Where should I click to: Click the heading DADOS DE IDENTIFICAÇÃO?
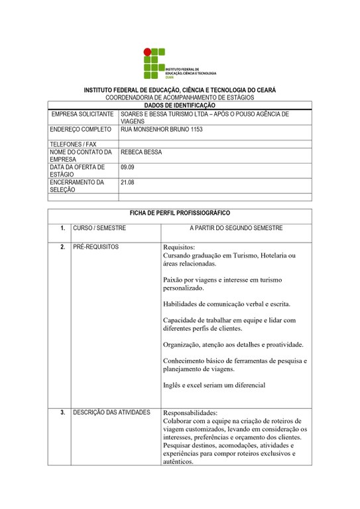pos(180,105)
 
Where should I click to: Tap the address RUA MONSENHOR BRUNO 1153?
pos(161,129)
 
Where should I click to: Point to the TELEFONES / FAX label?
pos(73,144)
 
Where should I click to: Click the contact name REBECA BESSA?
pos(141,152)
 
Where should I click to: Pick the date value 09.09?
pos(127,168)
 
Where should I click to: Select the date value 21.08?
pos(127,182)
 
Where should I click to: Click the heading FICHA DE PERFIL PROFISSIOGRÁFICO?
pos(180,213)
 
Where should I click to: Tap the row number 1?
pos(62,229)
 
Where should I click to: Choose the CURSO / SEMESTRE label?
pos(99,229)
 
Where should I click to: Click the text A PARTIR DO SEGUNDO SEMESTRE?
pos(236,229)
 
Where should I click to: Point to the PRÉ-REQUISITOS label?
pos(96,247)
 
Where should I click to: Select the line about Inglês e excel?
pos(214,385)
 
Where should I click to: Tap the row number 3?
pos(62,412)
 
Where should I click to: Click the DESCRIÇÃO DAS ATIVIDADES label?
pos(112,412)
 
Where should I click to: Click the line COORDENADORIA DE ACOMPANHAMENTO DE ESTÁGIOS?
pos(180,97)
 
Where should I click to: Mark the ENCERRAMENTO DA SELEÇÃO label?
pos(77,186)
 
